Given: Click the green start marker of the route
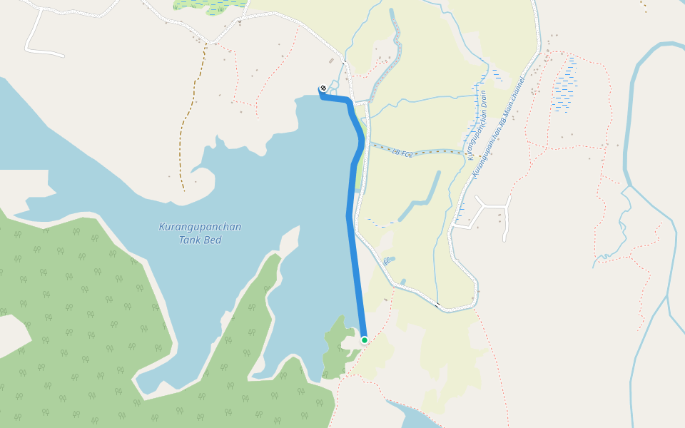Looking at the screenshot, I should [x=364, y=340].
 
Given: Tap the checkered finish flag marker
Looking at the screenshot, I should [x=323, y=88].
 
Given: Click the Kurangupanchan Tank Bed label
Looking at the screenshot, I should [x=200, y=233].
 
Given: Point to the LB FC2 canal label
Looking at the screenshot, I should [x=402, y=151].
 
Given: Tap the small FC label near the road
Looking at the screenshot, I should [x=387, y=262].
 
